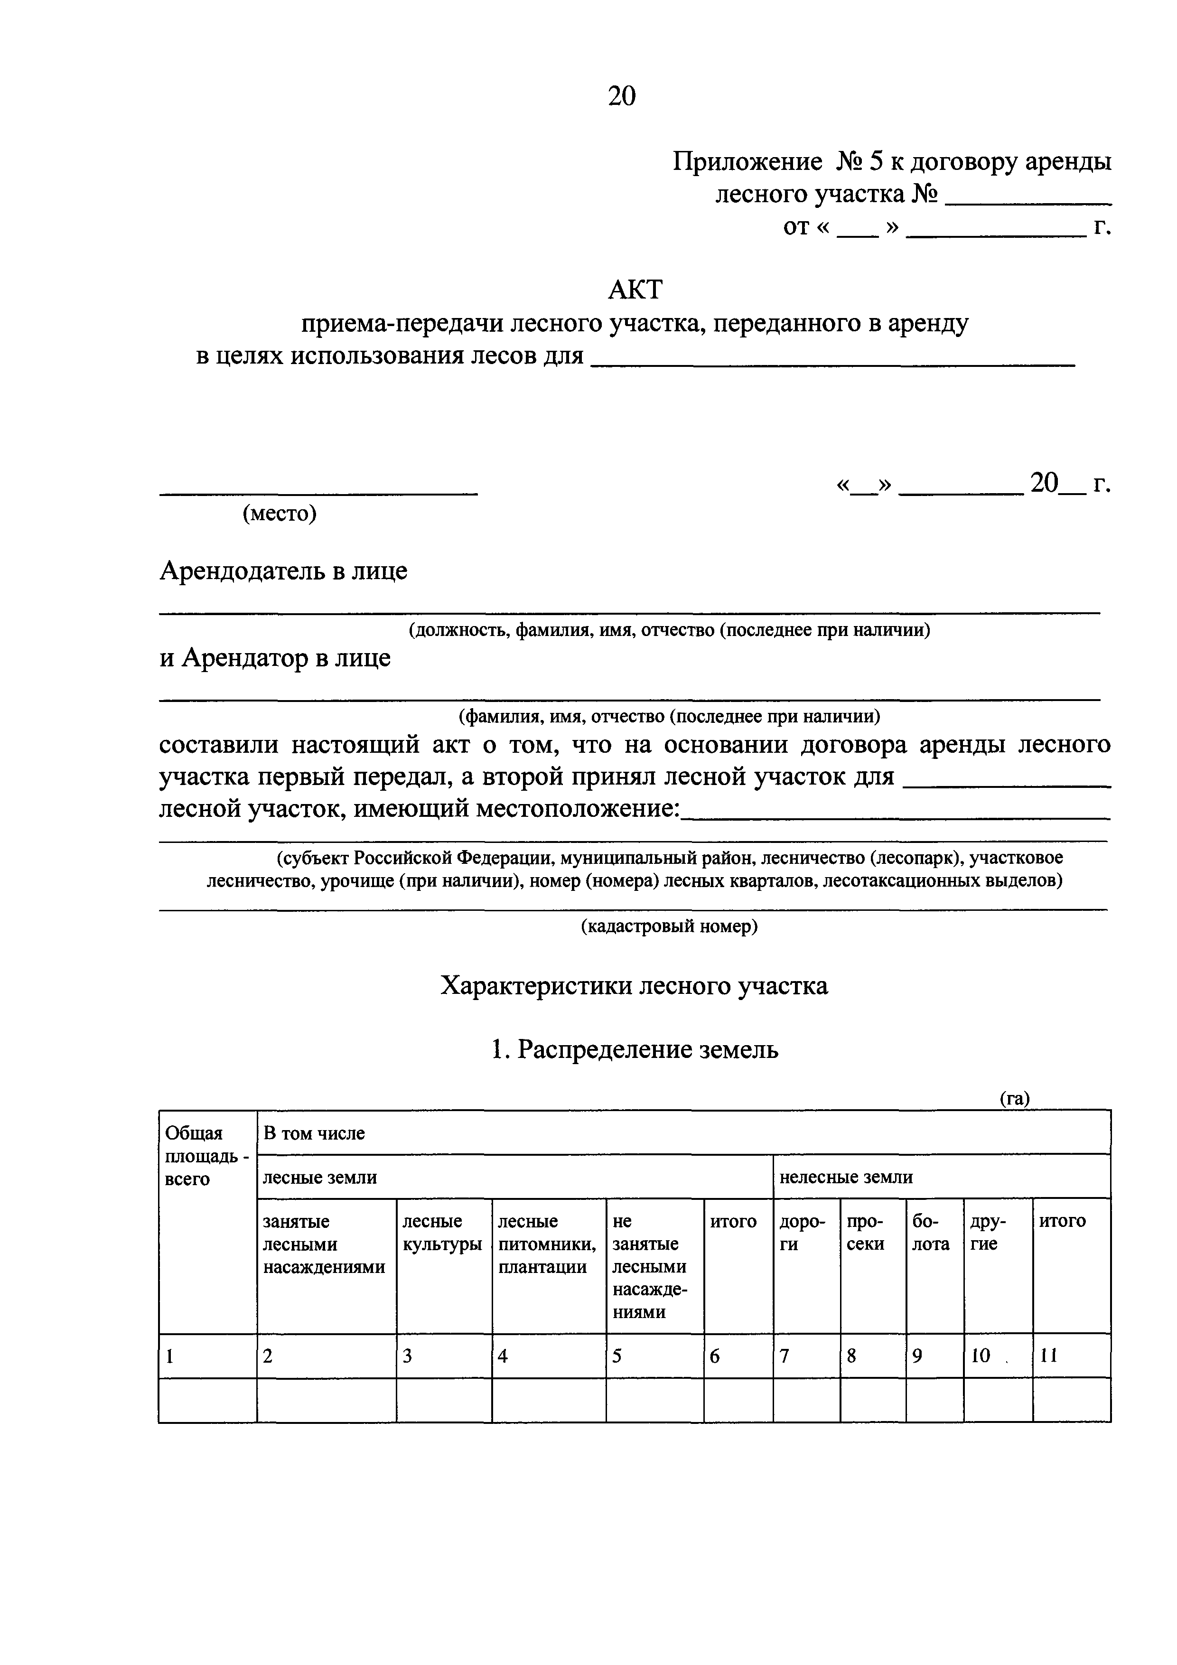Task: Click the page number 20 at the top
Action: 622,96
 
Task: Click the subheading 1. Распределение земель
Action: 634,1049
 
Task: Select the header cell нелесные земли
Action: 846,1177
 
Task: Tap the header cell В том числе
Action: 314,1133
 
